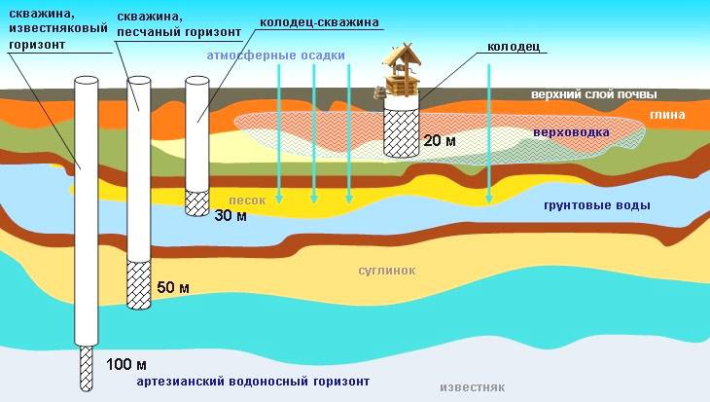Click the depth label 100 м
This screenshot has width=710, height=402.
[x=126, y=364]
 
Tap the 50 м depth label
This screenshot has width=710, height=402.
[x=173, y=287]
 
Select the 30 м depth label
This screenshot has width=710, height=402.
[x=231, y=216]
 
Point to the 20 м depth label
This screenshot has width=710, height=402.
[x=440, y=140]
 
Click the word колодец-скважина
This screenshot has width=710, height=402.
[x=319, y=21]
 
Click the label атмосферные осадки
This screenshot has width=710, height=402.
[x=276, y=55]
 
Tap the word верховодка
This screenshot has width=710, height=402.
[x=571, y=132]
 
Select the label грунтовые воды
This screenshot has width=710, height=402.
[x=597, y=205]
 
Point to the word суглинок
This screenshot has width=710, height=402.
[x=387, y=271]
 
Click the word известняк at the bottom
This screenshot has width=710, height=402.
[x=473, y=388]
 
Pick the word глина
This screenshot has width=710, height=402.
[x=667, y=115]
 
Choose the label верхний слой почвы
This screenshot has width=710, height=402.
[x=593, y=94]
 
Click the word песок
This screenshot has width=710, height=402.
[x=247, y=201]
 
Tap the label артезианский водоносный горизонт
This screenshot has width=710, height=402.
[x=253, y=382]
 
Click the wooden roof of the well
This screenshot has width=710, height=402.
[x=402, y=55]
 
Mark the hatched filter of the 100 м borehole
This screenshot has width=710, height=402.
[x=86, y=368]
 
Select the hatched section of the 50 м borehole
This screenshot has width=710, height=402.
[x=138, y=285]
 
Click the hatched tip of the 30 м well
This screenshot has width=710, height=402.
[x=197, y=202]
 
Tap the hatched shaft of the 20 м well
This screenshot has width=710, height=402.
[x=401, y=132]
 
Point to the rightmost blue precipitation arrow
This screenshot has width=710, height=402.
[x=488, y=133]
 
